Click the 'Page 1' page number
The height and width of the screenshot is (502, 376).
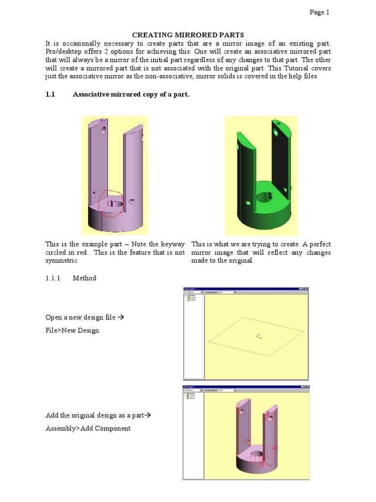click(319, 13)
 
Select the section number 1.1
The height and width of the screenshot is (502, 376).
click(49, 95)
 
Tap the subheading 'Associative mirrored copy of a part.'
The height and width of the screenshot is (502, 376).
click(131, 95)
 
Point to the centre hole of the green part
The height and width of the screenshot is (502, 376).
click(264, 197)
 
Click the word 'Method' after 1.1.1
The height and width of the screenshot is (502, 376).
click(85, 278)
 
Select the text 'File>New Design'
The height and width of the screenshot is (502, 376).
click(72, 330)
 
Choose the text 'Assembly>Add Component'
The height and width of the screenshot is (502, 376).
click(88, 428)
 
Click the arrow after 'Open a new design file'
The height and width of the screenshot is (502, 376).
click(122, 317)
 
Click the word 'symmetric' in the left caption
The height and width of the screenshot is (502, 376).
click(62, 261)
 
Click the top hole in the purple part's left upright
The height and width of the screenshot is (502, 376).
click(103, 130)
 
